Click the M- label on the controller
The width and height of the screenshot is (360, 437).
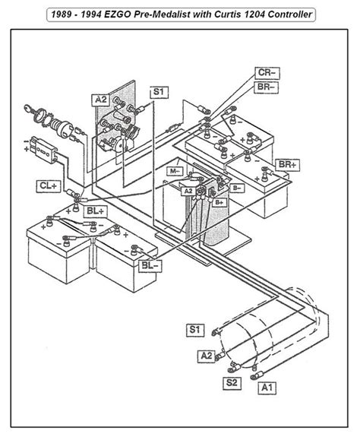(x=174, y=172)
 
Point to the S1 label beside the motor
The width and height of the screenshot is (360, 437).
(x=196, y=329)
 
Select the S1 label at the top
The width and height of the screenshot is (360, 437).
(x=158, y=92)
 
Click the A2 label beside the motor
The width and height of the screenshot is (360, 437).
(x=206, y=354)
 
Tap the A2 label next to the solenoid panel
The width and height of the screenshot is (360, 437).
(x=101, y=99)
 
